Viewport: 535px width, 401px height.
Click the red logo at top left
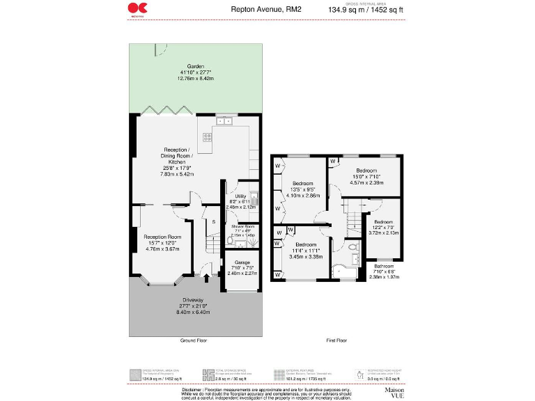137,8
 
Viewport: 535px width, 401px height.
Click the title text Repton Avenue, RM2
256,10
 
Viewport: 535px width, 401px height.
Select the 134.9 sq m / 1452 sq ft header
365,10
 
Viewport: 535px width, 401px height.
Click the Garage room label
242,262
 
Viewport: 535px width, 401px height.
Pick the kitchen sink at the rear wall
224,121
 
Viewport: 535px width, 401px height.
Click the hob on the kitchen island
208,137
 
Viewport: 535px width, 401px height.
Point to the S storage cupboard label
214,221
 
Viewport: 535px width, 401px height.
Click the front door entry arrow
206,279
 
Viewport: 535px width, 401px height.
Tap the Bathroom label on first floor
383,266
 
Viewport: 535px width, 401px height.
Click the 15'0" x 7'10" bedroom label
366,171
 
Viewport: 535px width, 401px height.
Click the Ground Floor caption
193,340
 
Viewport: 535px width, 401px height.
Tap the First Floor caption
336,340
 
